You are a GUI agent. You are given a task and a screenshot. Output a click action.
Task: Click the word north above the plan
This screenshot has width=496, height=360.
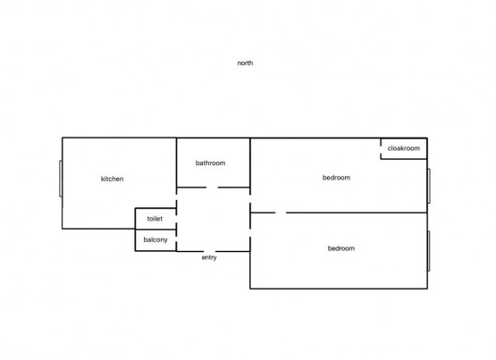tap(245, 63)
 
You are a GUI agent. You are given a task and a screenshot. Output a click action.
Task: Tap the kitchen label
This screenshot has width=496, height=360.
tap(112, 179)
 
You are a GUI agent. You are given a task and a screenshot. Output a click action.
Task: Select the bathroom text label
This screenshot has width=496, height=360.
tap(210, 163)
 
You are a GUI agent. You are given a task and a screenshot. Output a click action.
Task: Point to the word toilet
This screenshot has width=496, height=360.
tap(155, 219)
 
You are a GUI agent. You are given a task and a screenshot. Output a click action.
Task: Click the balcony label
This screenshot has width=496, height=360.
tap(156, 240)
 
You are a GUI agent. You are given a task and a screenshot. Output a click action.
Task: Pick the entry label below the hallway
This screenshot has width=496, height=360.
tap(209, 257)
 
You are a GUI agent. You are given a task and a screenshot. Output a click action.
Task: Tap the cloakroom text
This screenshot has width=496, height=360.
tap(404, 148)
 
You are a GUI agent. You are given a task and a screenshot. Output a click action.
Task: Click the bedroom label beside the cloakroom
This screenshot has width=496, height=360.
tap(336, 178)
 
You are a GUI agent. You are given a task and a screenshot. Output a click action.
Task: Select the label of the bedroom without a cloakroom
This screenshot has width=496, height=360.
tap(341, 248)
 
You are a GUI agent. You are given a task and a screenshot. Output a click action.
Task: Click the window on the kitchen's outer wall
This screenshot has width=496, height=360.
tap(61, 179)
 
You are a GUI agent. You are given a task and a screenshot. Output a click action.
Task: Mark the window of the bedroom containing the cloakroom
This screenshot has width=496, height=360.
tap(429, 186)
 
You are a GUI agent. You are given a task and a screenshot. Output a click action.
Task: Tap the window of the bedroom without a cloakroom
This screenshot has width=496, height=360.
tap(429, 251)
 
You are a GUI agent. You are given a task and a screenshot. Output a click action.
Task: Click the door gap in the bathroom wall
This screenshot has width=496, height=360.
tap(212, 188)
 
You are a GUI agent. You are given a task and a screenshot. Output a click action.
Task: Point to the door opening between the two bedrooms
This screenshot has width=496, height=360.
tap(281, 213)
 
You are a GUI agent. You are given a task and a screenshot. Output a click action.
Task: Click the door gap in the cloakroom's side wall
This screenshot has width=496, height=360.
tap(381, 149)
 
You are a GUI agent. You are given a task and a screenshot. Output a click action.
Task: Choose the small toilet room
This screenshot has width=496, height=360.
tap(156, 219)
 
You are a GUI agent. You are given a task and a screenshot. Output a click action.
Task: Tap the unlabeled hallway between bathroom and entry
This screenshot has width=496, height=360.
tap(214, 220)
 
